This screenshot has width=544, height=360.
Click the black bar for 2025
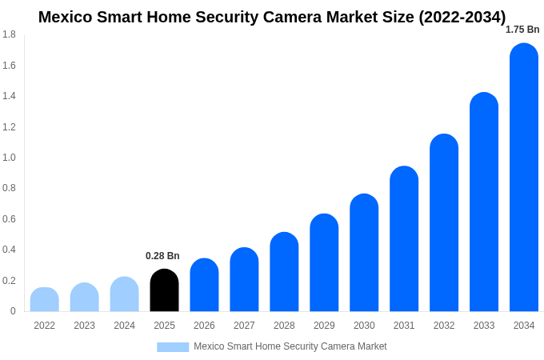164,290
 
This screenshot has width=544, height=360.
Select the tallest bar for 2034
524,178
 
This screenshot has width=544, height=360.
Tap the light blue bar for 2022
45,299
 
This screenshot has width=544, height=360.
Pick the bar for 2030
364,253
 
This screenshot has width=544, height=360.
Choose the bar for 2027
244,279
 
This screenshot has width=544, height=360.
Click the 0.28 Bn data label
162,256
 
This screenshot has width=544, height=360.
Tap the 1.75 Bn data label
522,30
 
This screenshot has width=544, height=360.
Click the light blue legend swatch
173,347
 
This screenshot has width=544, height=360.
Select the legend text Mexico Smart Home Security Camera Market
290,346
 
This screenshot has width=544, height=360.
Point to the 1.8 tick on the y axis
9,34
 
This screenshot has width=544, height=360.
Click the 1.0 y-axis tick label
9,158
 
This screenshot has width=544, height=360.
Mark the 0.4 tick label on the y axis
9,250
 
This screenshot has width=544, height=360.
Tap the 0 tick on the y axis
13,311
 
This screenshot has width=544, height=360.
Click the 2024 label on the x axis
124,326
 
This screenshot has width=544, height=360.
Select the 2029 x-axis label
324,326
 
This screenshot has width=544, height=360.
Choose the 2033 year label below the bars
484,326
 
